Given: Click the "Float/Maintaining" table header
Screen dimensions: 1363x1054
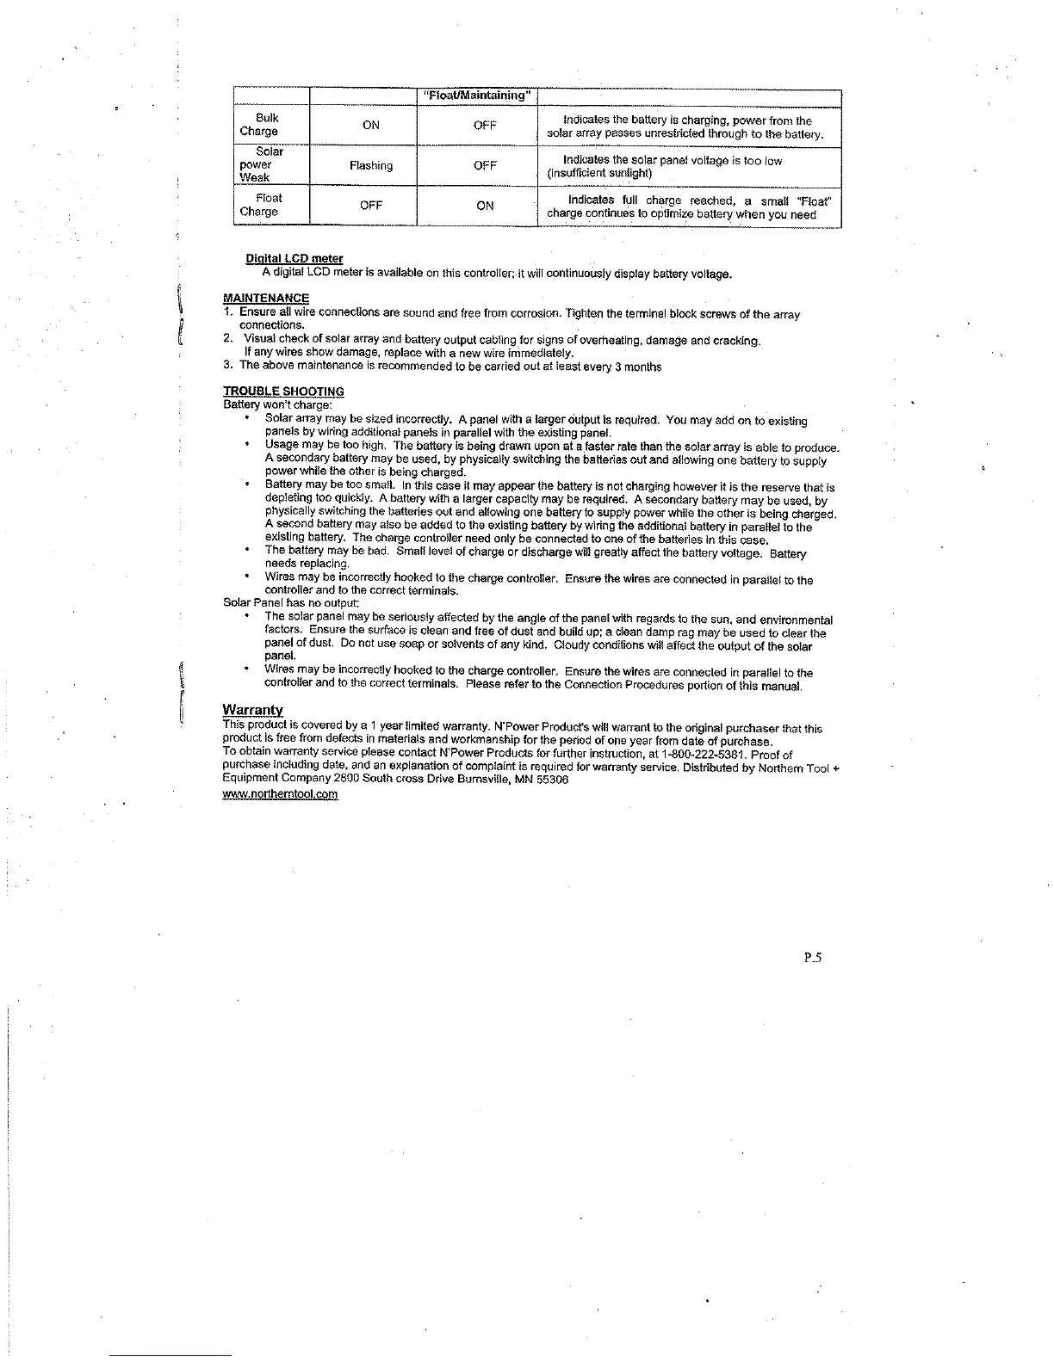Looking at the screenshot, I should (477, 96).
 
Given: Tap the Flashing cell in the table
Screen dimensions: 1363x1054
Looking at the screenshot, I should (371, 165).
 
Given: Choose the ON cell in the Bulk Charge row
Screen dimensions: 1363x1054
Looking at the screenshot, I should (371, 126).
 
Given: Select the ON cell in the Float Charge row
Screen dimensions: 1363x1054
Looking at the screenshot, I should (486, 206).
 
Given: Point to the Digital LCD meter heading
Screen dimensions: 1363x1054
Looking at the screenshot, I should (294, 258).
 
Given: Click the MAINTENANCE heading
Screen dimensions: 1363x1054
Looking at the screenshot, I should (266, 299).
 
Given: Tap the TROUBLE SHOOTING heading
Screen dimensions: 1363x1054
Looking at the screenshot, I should (283, 392).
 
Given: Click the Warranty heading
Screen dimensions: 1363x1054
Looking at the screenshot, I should (252, 710).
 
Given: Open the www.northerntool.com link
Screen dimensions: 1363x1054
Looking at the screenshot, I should (280, 794).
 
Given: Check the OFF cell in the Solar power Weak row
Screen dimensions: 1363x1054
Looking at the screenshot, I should (486, 165).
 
